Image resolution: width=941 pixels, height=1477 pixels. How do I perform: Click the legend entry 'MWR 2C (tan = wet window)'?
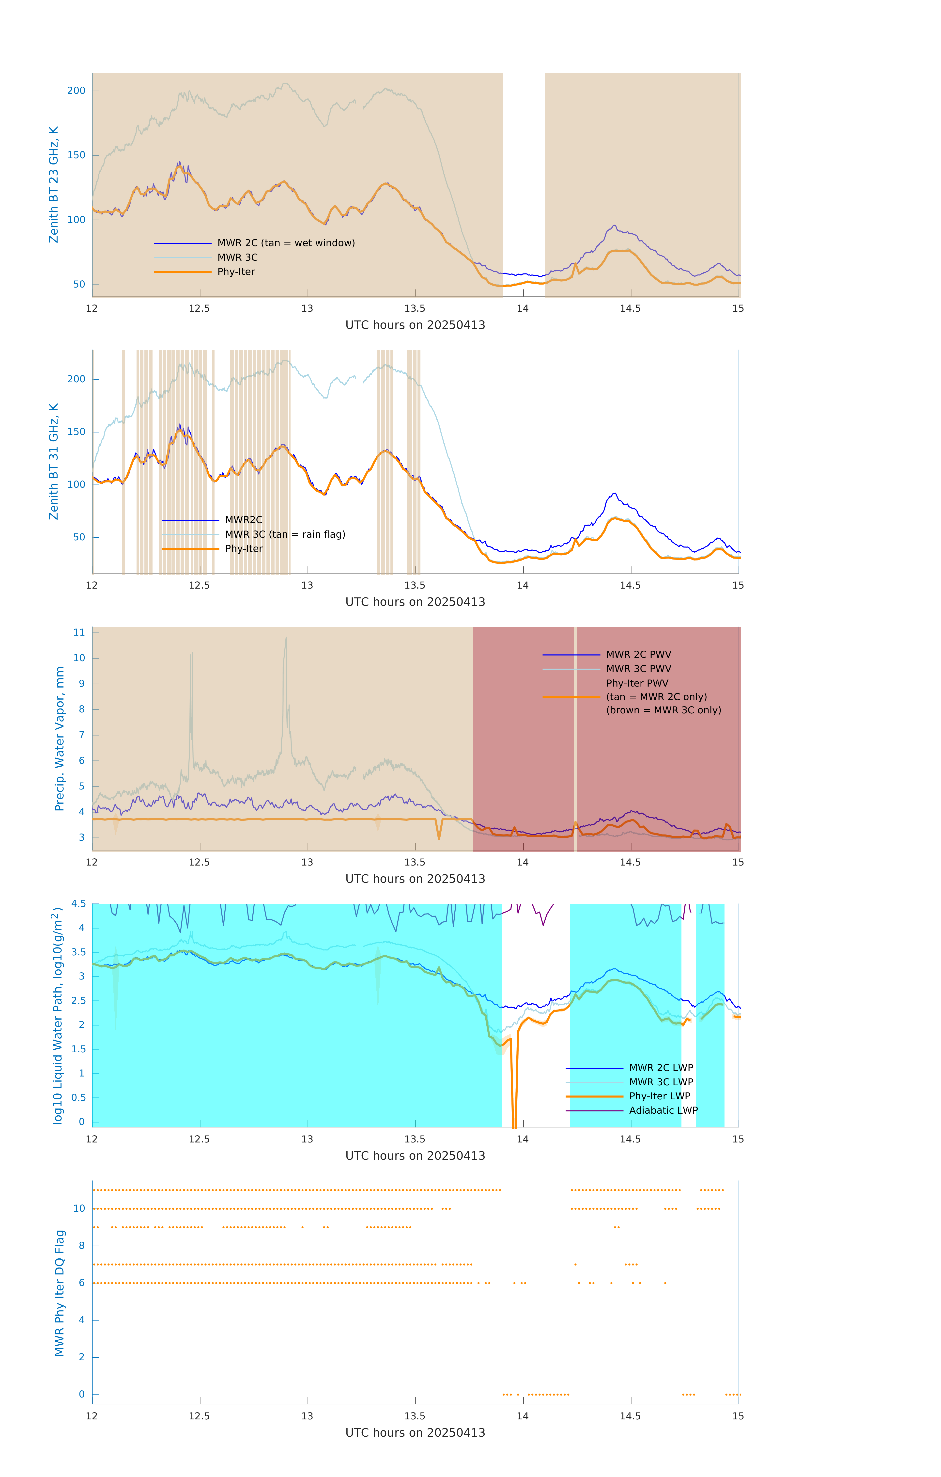286,243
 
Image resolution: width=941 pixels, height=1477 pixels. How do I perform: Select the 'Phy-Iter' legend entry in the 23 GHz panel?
236,272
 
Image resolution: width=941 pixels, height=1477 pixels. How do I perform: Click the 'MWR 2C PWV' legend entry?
638,655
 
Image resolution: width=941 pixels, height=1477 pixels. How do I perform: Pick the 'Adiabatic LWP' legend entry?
663,1110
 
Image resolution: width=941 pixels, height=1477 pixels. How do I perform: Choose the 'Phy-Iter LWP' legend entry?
660,1096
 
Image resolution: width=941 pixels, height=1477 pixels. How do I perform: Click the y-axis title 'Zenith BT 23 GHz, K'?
54,185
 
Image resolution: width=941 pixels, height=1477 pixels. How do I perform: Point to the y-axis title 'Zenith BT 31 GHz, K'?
54,461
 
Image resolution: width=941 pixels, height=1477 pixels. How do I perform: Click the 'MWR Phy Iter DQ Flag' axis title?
60,1293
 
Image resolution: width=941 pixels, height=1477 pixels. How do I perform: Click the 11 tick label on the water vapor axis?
79,632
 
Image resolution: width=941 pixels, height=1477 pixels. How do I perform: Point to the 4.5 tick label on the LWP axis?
78,903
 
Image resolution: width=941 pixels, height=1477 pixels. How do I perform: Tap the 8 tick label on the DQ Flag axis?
81,1246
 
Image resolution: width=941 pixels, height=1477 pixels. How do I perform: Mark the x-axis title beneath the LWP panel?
415,1156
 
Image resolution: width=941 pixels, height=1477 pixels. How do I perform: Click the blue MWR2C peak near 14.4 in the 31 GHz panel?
614,494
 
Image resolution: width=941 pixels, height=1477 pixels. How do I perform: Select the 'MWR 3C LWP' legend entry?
661,1082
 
